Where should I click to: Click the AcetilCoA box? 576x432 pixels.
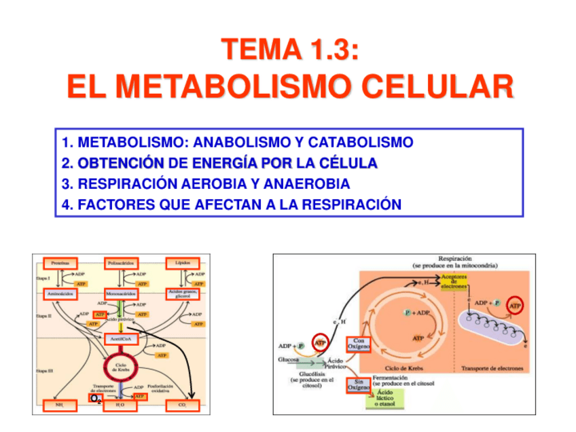(x=122, y=338)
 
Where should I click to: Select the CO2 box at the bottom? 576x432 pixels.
(x=181, y=405)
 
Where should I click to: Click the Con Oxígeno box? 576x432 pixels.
(x=358, y=344)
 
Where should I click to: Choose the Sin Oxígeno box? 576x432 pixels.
(x=357, y=385)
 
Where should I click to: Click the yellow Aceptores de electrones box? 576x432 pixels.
(x=453, y=282)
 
